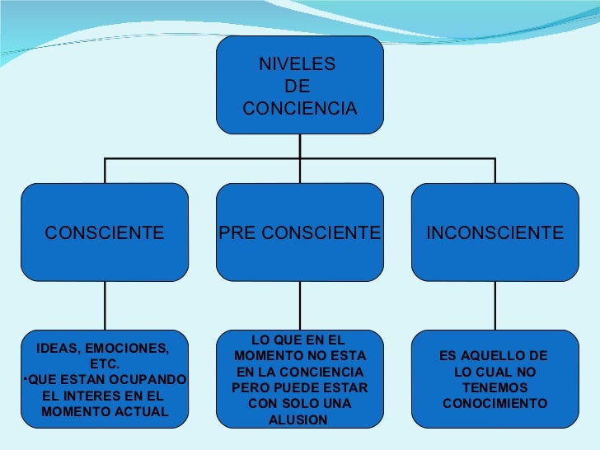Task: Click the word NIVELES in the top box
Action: [298, 64]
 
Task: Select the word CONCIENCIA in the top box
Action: [300, 109]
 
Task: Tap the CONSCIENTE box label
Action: [105, 233]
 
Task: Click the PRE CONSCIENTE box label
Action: [300, 233]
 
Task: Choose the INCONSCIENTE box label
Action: [495, 233]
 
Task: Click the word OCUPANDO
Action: [151, 379]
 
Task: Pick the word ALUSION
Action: [298, 420]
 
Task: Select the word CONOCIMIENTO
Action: [495, 404]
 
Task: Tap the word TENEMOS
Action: [495, 388]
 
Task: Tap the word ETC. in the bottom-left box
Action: [105, 363]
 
